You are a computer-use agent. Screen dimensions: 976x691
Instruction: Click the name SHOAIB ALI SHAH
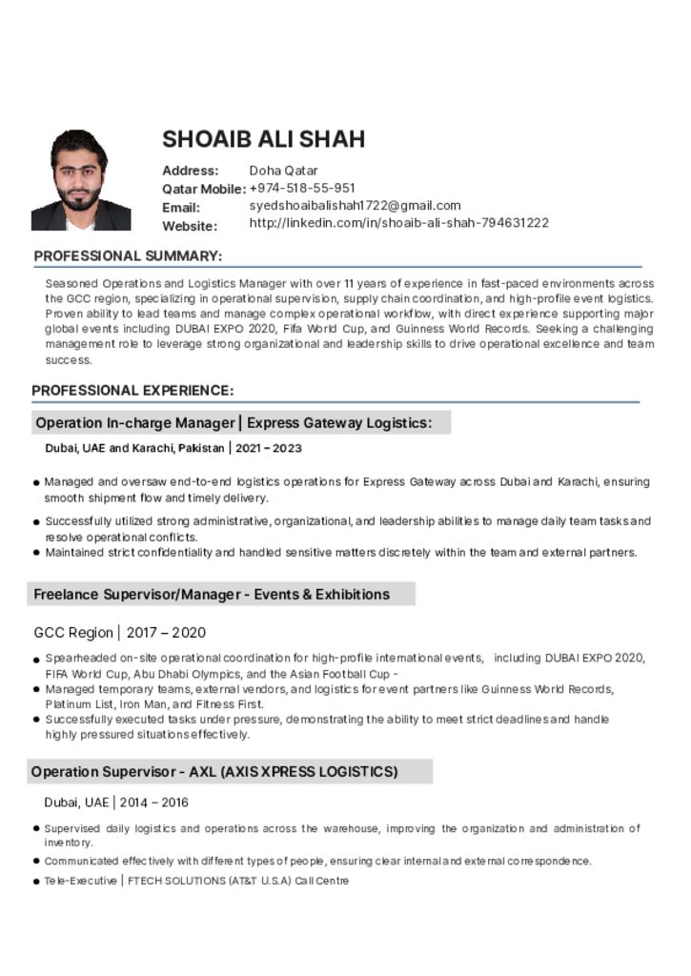(263, 139)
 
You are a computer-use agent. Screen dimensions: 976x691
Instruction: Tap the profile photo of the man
(81, 180)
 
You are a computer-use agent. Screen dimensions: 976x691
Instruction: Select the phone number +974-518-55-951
(302, 188)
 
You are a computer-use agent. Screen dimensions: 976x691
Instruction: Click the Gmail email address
(355, 205)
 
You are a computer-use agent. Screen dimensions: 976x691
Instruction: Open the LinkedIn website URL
(398, 223)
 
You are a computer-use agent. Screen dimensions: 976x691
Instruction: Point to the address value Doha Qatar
(283, 171)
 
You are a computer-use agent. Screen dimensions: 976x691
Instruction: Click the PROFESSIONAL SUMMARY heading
(128, 256)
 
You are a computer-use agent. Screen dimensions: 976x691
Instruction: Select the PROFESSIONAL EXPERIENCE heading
(132, 391)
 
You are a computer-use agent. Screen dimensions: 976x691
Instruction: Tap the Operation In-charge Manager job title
(134, 423)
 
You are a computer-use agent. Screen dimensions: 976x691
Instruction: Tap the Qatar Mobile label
(203, 189)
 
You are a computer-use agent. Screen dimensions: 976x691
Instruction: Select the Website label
(190, 226)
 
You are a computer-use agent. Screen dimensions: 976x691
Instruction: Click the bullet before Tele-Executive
(36, 882)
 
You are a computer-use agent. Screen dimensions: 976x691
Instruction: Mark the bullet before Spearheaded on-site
(36, 660)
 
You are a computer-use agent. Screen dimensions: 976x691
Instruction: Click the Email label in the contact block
(181, 207)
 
